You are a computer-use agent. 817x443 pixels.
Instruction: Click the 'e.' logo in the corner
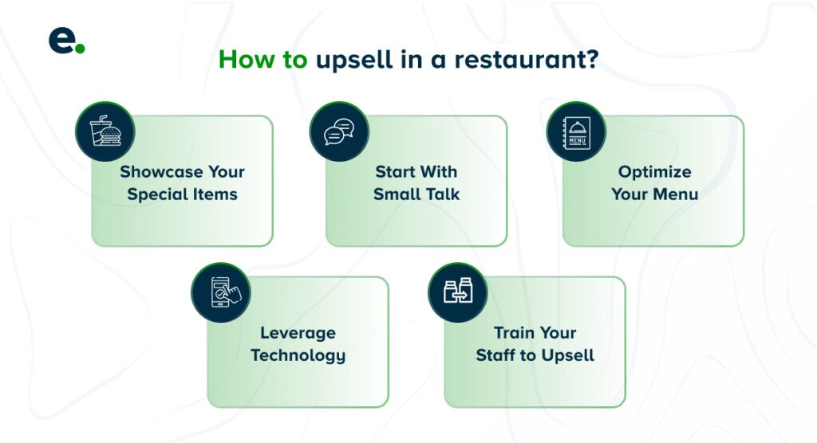[65, 41]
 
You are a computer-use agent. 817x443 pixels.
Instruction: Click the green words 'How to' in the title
[262, 60]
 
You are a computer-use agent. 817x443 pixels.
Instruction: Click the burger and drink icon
[105, 131]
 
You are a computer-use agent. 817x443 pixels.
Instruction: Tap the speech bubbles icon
[339, 131]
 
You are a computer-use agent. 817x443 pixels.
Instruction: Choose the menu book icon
[576, 131]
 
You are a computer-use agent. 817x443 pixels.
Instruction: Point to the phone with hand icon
[221, 292]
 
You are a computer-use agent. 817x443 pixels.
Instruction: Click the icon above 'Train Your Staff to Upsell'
[458, 292]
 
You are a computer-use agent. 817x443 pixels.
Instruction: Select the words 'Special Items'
[182, 194]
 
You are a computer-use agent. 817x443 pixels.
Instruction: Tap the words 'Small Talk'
[416, 194]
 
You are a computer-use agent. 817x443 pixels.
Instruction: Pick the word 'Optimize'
[654, 172]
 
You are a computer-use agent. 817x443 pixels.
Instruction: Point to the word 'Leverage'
[298, 333]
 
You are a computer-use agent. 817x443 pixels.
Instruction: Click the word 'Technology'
[298, 355]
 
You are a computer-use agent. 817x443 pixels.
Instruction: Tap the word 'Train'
[514, 332]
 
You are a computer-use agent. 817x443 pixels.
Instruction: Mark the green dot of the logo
[80, 49]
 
